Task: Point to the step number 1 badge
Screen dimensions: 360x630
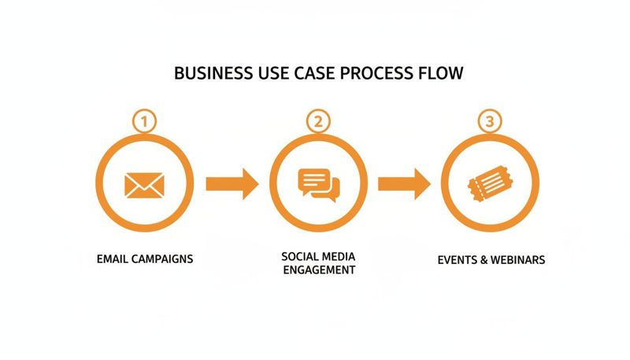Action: point(144,122)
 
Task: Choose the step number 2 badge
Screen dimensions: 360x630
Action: point(318,122)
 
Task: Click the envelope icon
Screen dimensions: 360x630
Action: point(145,184)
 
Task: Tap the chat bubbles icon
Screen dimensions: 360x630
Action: point(319,185)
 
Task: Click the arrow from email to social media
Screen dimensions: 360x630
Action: point(232,184)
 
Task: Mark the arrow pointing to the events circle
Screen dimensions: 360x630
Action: point(404,184)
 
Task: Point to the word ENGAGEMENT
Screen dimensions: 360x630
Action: point(318,270)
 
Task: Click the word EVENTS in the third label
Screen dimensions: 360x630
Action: point(458,259)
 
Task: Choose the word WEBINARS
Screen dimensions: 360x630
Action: point(517,259)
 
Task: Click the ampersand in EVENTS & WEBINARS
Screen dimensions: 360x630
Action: point(483,259)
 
